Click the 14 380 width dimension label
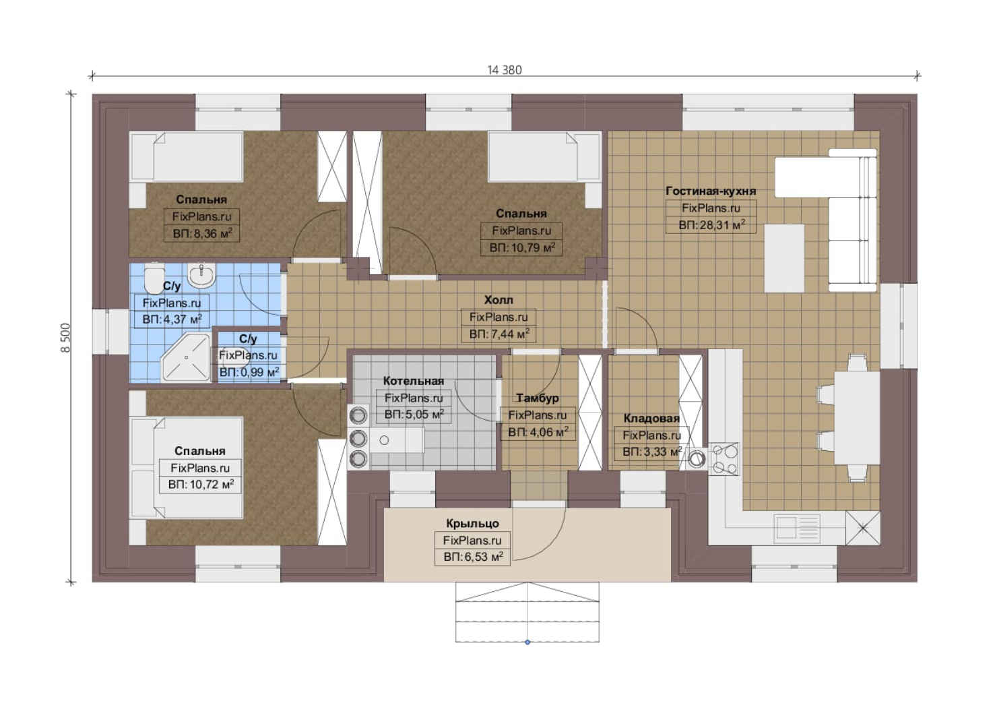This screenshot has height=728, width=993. click(505, 70)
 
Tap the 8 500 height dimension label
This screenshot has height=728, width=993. click(65, 338)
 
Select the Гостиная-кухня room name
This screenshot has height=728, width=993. click(711, 191)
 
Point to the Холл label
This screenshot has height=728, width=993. click(499, 301)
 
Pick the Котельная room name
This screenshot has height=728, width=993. click(413, 381)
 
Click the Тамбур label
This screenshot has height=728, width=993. click(538, 398)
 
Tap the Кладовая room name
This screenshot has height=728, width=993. click(651, 419)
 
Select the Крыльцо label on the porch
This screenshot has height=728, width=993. click(472, 524)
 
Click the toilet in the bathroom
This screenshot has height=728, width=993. click(154, 278)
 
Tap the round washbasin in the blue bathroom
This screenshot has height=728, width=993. click(201, 275)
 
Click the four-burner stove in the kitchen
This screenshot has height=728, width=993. click(724, 459)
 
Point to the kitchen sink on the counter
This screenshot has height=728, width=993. click(796, 528)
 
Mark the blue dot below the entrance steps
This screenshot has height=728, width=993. click(527, 642)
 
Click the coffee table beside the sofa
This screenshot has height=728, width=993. click(784, 258)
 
